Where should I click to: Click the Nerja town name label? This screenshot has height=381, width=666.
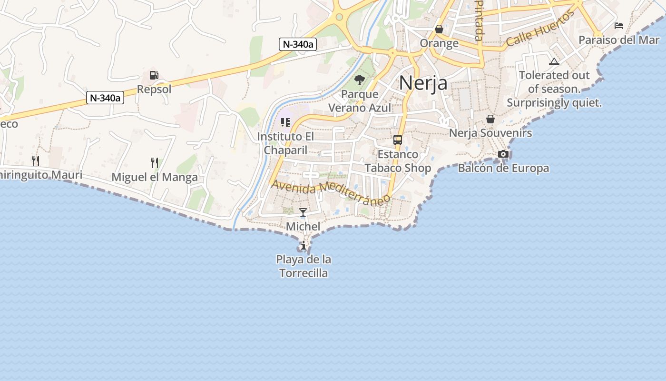(423, 83)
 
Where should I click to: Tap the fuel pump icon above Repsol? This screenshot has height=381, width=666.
(154, 75)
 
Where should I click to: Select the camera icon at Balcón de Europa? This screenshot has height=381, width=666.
(503, 154)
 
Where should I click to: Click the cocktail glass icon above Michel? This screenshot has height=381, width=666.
(303, 212)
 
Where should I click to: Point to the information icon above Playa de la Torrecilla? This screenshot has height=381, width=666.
(304, 246)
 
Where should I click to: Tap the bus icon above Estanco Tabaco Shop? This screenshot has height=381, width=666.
(398, 140)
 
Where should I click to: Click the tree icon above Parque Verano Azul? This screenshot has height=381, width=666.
(360, 80)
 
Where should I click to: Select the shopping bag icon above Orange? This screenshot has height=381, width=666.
(439, 30)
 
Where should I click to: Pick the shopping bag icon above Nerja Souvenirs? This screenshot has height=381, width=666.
(490, 119)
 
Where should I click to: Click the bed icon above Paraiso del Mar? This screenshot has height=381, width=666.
(619, 26)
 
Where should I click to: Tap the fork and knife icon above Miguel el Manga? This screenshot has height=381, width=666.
(154, 163)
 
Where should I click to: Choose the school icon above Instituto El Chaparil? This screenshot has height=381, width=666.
(285, 122)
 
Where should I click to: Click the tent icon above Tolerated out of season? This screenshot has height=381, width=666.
(554, 61)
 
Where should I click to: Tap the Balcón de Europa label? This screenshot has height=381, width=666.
(503, 168)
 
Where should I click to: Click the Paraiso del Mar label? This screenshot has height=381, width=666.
(619, 40)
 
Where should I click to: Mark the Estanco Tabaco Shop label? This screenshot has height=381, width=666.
(398, 161)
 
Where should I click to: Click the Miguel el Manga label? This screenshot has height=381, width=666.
(155, 178)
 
